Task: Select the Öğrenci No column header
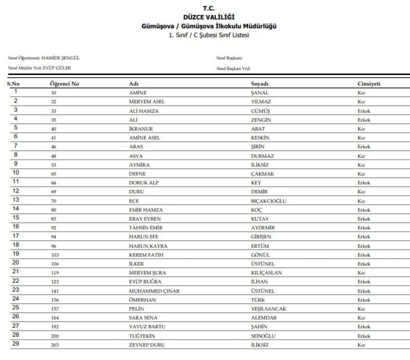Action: [64, 83]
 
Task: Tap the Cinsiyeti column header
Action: [368, 83]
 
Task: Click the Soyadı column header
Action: [260, 83]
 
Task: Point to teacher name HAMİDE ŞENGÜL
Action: [61, 58]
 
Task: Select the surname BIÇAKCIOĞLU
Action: [268, 201]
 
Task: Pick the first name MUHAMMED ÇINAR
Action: [154, 291]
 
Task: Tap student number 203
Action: [54, 345]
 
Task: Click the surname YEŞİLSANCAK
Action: [268, 309]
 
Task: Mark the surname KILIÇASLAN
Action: [266, 273]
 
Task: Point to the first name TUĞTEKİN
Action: [142, 336]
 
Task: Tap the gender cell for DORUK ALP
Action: [364, 183]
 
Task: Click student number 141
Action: [54, 291]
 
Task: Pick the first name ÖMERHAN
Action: [142, 300]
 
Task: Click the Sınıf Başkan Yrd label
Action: [233, 68]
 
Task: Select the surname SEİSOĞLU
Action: [263, 336]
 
